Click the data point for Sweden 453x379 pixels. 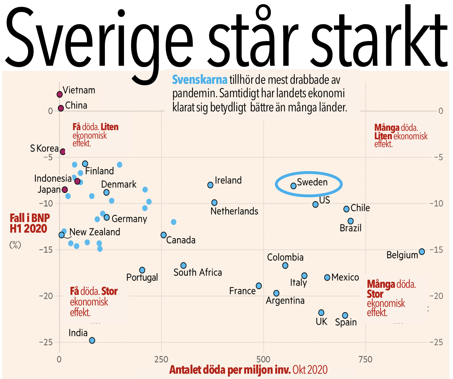click(x=293, y=186)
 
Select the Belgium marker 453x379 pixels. click(x=422, y=252)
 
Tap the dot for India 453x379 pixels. click(x=92, y=340)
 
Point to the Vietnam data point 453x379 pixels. click(x=60, y=94)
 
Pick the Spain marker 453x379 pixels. click(x=345, y=315)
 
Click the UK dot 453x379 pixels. click(x=321, y=313)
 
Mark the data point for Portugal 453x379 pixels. click(x=142, y=270)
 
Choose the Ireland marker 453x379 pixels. click(x=210, y=185)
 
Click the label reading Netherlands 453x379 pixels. click(x=234, y=211)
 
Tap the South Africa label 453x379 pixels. click(x=198, y=273)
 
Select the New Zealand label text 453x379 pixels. click(x=95, y=232)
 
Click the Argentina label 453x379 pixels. click(x=285, y=301)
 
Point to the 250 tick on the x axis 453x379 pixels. click(x=161, y=360)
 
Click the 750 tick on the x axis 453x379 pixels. click(x=365, y=360)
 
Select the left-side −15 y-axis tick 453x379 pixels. click(x=46, y=250)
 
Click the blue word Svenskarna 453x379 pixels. click(x=200, y=80)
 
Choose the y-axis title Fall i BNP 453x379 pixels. click(x=30, y=218)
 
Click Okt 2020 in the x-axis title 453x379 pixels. click(x=310, y=370)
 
